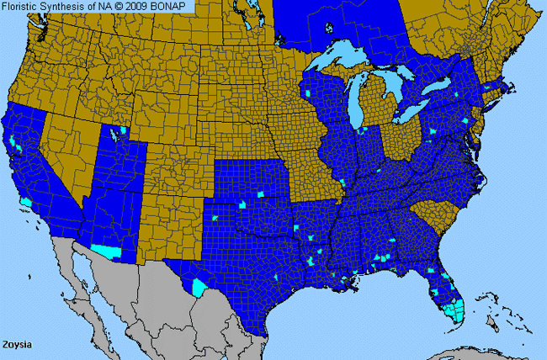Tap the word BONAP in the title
pos(173,6)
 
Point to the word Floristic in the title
pos(23,6)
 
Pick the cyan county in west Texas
pos(199,287)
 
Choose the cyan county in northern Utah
pos(125,130)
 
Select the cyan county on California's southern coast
pos(27,203)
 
